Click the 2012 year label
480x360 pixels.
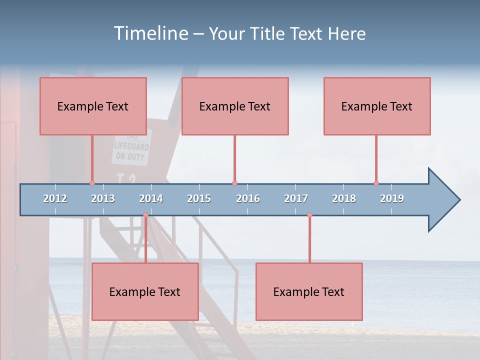55,198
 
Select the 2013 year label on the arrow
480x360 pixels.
103,198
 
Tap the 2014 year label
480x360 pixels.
151,198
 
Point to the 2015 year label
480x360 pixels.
199,198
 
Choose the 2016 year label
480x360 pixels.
248,198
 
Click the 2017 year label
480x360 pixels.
296,198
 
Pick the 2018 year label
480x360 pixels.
344,198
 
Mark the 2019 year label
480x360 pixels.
392,198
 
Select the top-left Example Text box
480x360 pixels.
93,106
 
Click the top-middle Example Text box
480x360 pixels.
235,106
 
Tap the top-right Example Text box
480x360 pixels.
377,106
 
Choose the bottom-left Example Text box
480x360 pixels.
145,291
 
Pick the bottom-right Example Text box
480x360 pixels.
309,291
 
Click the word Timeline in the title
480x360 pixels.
150,33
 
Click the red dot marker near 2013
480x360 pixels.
92,183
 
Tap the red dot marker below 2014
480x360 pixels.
145,214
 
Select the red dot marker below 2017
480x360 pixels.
309,214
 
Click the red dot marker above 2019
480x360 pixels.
376,183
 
